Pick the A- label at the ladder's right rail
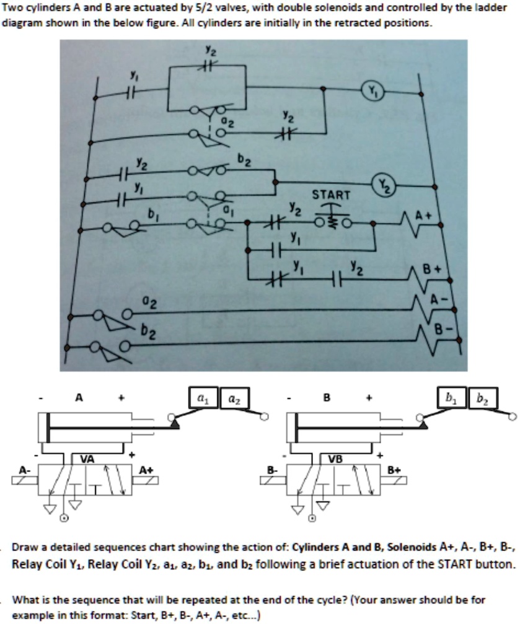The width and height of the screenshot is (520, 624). (438, 299)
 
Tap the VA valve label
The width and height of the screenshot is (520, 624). (87, 459)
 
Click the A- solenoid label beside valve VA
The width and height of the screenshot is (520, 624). (25, 470)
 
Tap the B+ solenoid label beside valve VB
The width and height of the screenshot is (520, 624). (395, 470)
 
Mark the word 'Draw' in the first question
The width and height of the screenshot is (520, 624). (25, 548)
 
